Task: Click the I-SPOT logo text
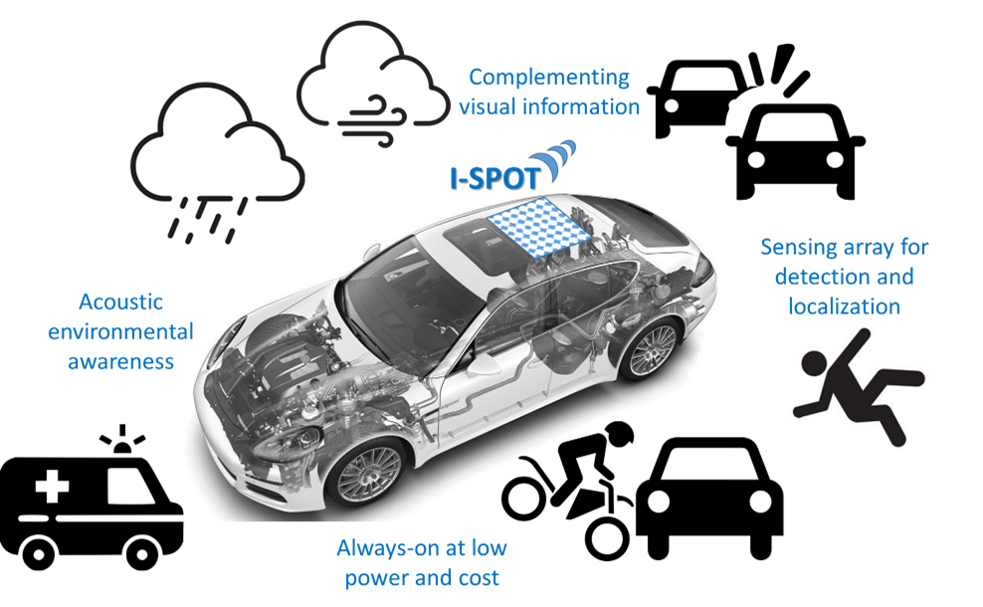491,177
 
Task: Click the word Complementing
548,77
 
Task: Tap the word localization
844,306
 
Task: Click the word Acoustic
119,302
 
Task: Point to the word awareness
120,361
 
